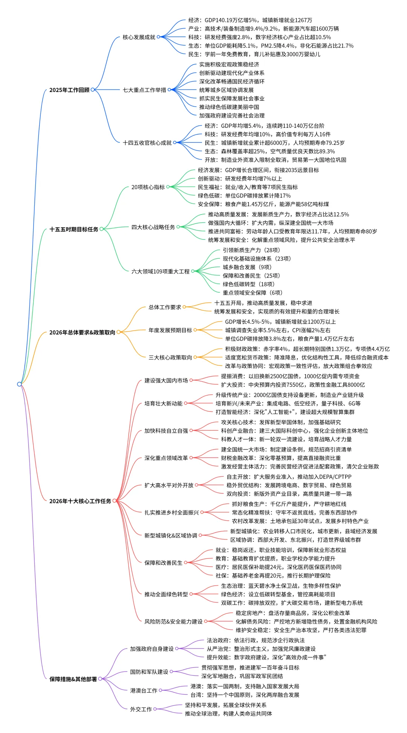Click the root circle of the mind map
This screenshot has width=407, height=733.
[x=19, y=384]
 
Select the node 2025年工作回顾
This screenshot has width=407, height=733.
[x=69, y=90]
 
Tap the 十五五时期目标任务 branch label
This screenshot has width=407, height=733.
[x=74, y=229]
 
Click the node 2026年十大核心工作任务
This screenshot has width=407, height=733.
[x=80, y=501]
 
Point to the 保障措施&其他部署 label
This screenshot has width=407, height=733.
[x=73, y=679]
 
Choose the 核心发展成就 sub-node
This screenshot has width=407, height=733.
[x=139, y=37]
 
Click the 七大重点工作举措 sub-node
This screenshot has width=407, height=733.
[x=144, y=90]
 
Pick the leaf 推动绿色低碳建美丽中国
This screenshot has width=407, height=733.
[x=229, y=107]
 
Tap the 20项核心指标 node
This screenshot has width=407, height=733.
[x=148, y=187]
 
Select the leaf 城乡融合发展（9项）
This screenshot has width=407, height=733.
[x=247, y=267]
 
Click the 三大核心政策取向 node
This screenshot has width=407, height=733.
[x=170, y=357]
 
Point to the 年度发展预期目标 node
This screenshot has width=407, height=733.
[x=170, y=330]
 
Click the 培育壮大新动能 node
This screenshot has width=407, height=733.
[x=163, y=403]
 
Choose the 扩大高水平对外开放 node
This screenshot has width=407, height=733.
[x=168, y=485]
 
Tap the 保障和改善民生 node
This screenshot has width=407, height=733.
[x=163, y=563]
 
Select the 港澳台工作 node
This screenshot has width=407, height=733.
[x=144, y=690]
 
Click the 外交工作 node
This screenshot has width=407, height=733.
[x=141, y=709]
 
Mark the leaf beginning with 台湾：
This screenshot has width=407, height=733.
[x=245, y=695]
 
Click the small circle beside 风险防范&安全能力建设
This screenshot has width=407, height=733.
[x=206, y=621]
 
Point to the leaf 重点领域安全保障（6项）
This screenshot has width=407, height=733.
[x=252, y=293]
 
